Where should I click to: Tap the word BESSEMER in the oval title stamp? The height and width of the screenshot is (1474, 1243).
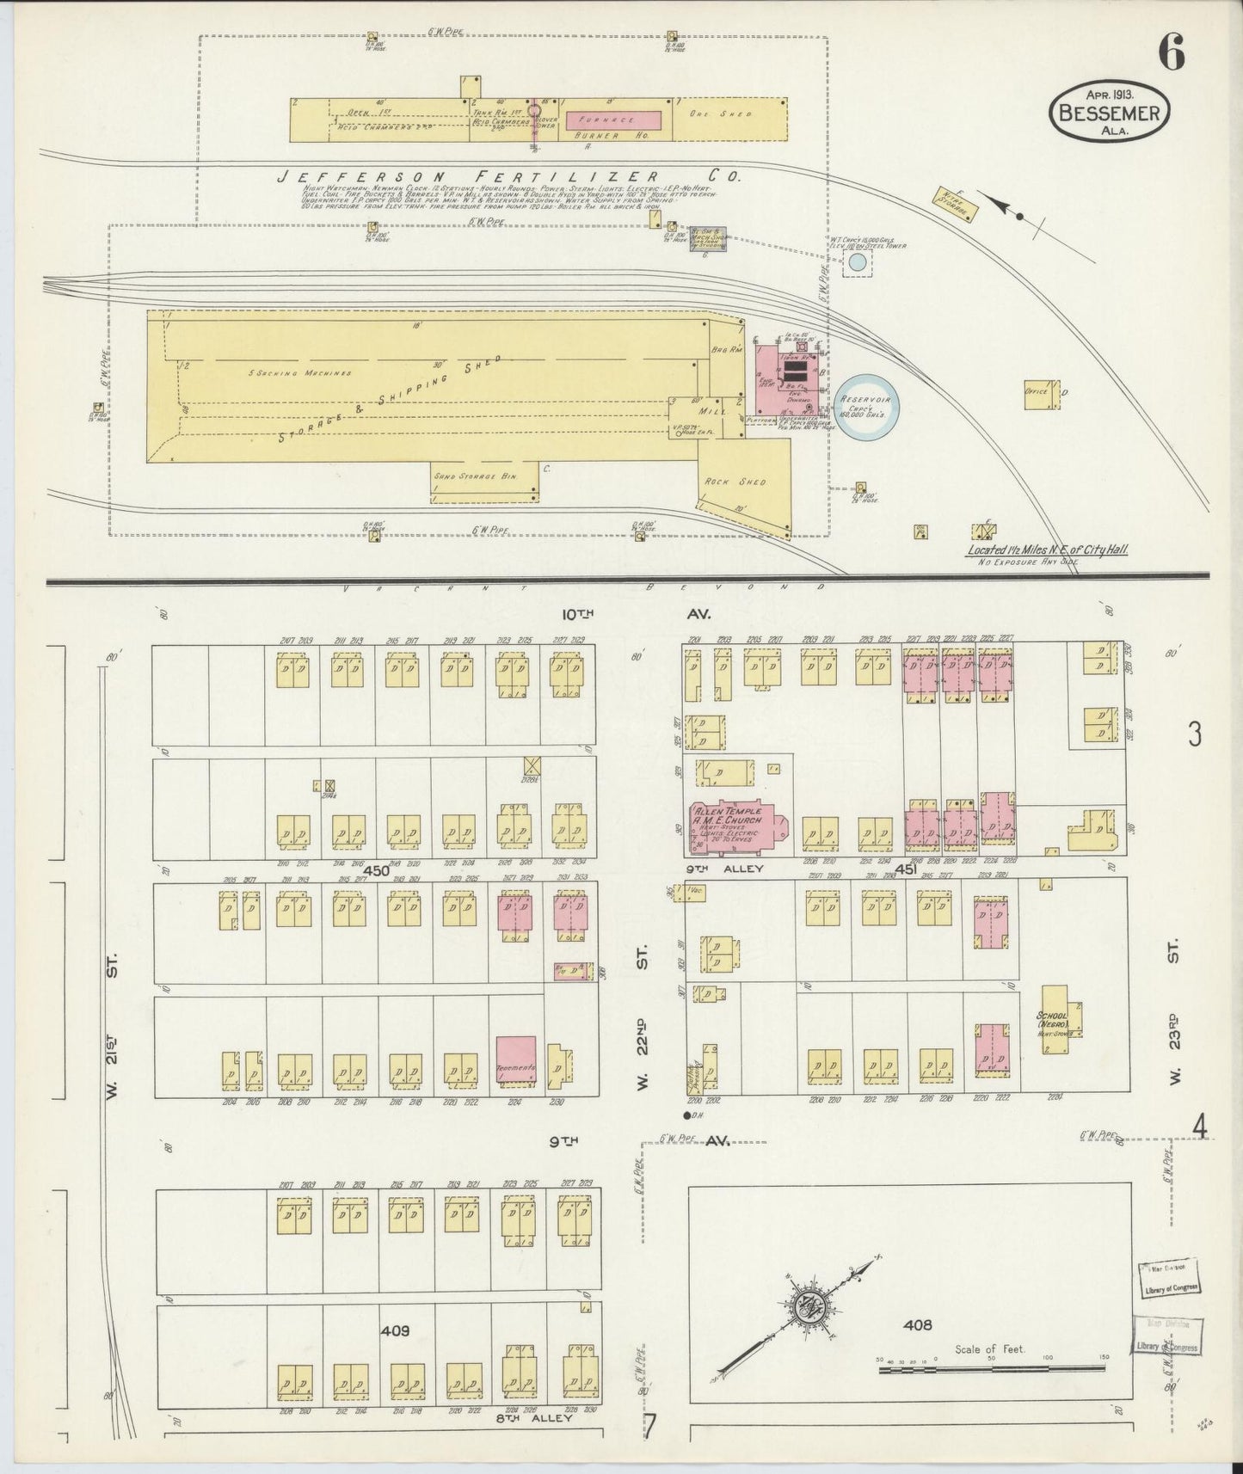pyautogui.click(x=1109, y=113)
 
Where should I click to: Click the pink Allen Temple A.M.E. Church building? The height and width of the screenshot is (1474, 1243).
pyautogui.click(x=732, y=828)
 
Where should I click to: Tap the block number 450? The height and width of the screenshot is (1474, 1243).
pyautogui.click(x=376, y=870)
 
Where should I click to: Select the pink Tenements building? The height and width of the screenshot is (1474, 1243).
pyautogui.click(x=516, y=1066)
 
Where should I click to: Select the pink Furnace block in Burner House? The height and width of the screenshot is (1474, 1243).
pyautogui.click(x=612, y=120)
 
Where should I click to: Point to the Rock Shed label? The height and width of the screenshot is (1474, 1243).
pyautogui.click(x=741, y=482)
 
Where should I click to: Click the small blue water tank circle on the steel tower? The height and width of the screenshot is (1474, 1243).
pyautogui.click(x=854, y=263)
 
